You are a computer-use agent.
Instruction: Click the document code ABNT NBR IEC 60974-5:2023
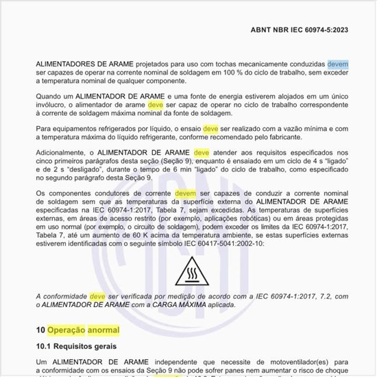[x=308, y=29]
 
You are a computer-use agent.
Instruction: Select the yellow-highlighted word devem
[x=186, y=194]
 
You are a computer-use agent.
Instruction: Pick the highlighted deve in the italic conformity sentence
[x=97, y=296]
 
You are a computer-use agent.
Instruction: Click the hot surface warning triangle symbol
[x=188, y=271]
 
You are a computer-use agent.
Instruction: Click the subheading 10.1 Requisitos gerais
[x=76, y=347]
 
